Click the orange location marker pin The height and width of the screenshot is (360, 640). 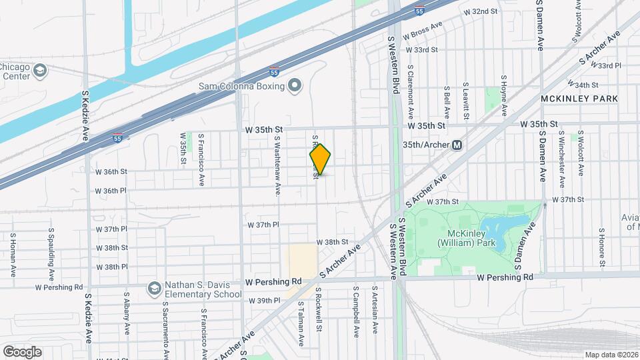pyautogui.click(x=321, y=159)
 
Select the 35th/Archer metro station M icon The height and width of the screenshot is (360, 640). pyautogui.click(x=457, y=145)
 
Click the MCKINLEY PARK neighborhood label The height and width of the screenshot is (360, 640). pyautogui.click(x=579, y=99)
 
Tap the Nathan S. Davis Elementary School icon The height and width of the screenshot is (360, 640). pyautogui.click(x=155, y=288)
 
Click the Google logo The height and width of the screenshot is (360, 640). pyautogui.click(x=22, y=351)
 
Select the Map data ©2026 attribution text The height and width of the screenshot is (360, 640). pyautogui.click(x=611, y=355)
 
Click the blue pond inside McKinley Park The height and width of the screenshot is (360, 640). pyautogui.click(x=505, y=229)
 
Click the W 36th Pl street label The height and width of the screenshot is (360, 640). pyautogui.click(x=111, y=191)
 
